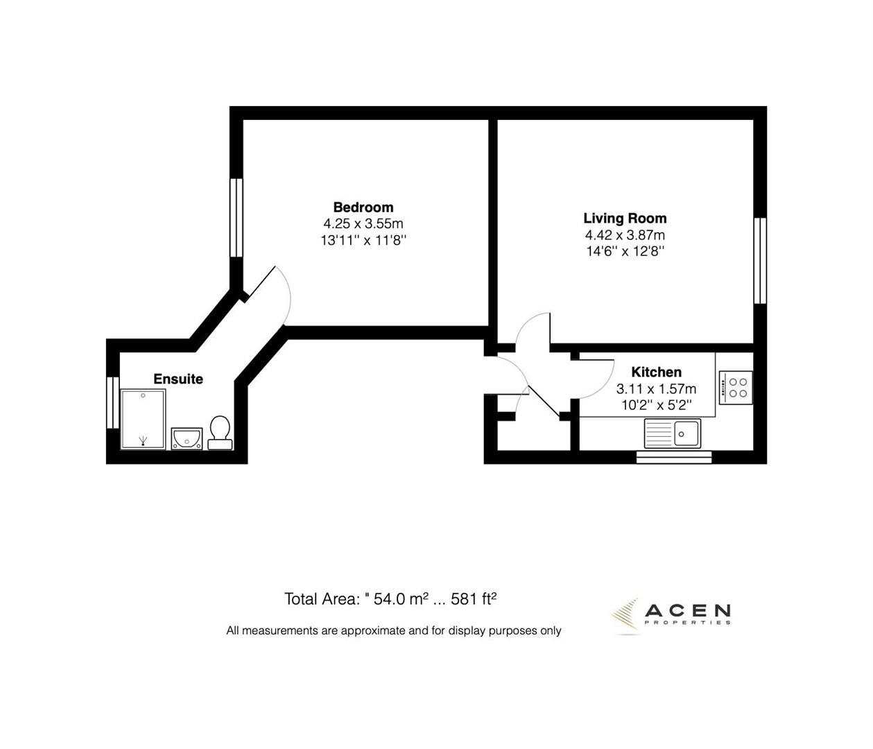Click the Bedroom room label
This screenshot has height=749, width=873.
point(363,207)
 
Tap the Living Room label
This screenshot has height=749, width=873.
point(625,218)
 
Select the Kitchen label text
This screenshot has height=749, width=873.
point(656,372)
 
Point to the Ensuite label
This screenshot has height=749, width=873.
point(178,379)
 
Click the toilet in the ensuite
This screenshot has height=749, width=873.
point(220,432)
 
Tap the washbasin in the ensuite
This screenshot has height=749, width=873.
point(187,438)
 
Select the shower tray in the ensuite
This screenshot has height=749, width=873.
point(144,419)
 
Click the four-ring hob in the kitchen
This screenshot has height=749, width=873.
point(736,387)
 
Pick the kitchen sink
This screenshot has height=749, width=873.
point(672,433)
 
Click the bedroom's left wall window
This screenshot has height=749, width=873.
point(236,218)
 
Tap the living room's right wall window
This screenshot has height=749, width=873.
point(760,260)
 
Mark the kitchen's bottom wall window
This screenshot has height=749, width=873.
point(673,456)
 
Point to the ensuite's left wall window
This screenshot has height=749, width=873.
point(112,402)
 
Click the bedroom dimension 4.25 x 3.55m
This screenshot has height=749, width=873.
point(363,224)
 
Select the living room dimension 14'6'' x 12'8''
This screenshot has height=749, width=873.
point(625,252)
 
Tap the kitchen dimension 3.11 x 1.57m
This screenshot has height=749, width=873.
point(656,389)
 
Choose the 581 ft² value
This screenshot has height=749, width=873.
point(474,599)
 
